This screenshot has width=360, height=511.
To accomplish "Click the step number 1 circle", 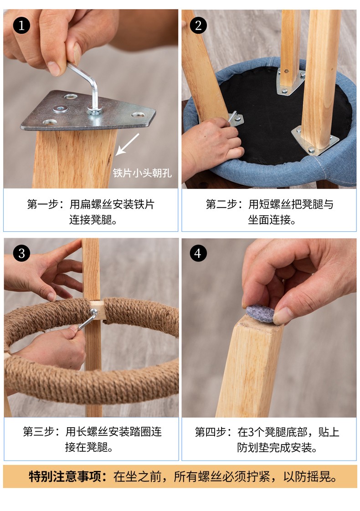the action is pos(21,26).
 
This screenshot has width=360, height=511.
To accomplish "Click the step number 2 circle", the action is pos(198,26).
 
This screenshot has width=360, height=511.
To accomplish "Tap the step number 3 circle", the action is pos(21,253).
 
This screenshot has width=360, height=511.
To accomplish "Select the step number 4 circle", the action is pos(198,253).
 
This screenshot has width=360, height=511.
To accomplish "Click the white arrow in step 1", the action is pos(128,144).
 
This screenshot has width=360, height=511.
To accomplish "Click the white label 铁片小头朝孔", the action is pos(142,173).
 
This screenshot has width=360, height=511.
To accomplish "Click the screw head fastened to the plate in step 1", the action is pos(61,108).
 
